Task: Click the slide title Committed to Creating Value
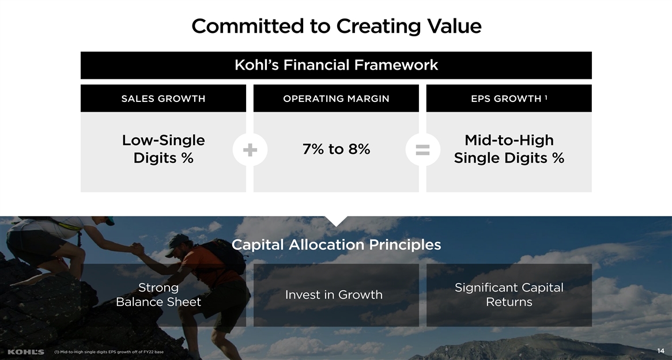(x=337, y=26)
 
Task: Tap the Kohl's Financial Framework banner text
(x=337, y=65)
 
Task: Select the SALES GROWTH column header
(x=163, y=98)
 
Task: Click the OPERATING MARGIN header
(x=337, y=98)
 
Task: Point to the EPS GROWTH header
(x=506, y=98)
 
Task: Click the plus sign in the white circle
(x=250, y=150)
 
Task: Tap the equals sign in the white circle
(x=422, y=150)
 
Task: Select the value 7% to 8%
(x=337, y=149)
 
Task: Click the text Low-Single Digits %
(x=163, y=149)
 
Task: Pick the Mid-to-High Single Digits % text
(x=509, y=149)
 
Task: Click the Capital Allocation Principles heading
(x=337, y=245)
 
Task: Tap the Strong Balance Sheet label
(x=158, y=295)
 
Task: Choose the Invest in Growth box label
(x=334, y=295)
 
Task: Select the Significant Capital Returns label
(x=509, y=295)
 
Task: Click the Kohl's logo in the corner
(x=26, y=352)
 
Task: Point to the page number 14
(x=660, y=351)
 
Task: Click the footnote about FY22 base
(x=109, y=352)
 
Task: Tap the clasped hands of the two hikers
(x=137, y=249)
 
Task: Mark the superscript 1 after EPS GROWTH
(x=546, y=97)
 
